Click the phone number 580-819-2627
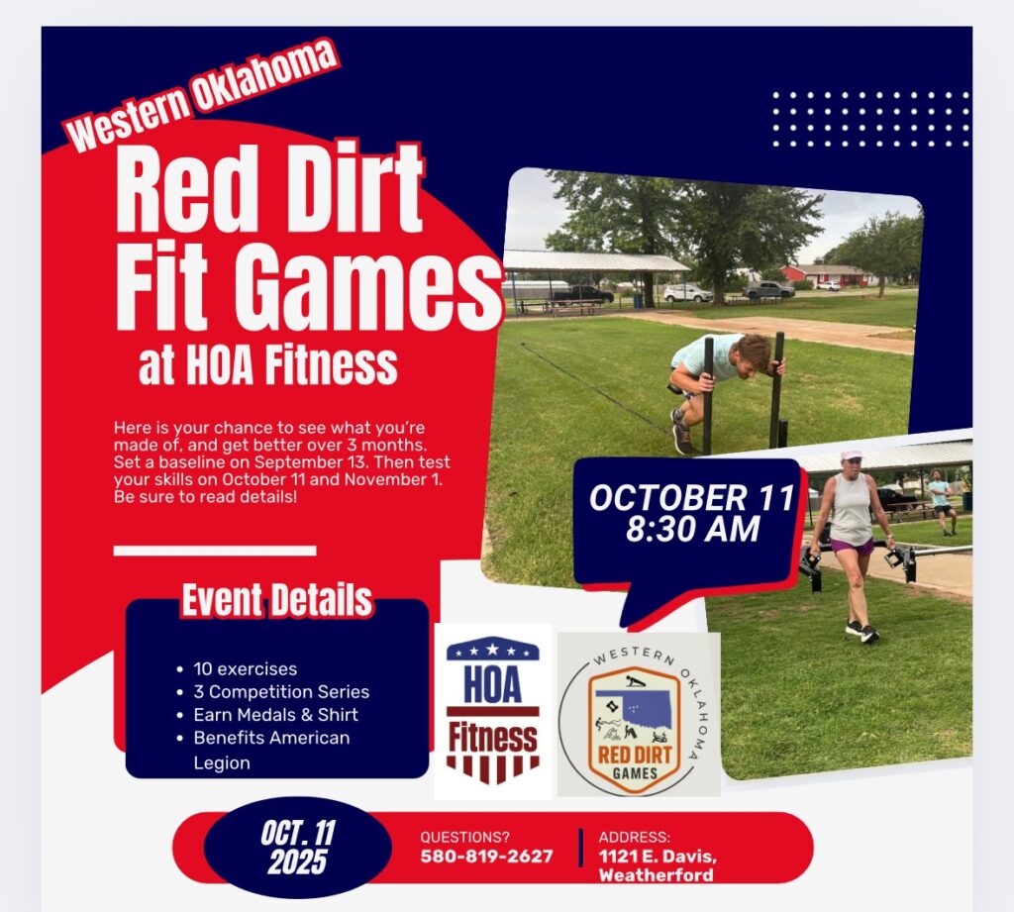coord(486,856)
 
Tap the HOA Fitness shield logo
coord(493,710)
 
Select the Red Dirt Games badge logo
coord(635,720)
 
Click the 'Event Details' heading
coord(277,600)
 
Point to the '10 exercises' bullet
coord(246,668)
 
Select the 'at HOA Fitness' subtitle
coord(267,364)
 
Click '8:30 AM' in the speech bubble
coord(692,529)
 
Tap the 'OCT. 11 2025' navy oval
coord(297,847)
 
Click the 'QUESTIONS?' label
coord(464,837)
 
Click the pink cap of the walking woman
coord(851,455)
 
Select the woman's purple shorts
coord(851,547)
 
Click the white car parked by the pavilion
coord(688,293)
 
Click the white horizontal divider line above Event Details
coord(215,551)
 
